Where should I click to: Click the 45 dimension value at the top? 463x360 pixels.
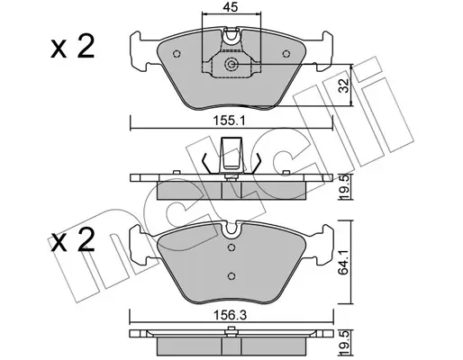(231, 7)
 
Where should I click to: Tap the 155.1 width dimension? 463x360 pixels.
(230, 121)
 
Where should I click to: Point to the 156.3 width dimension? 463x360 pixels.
(230, 315)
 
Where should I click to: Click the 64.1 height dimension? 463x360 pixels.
(344, 262)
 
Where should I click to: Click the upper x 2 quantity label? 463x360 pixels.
(73, 48)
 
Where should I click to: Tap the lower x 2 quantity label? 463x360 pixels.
(73, 240)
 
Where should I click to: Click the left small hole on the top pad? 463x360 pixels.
(177, 54)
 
